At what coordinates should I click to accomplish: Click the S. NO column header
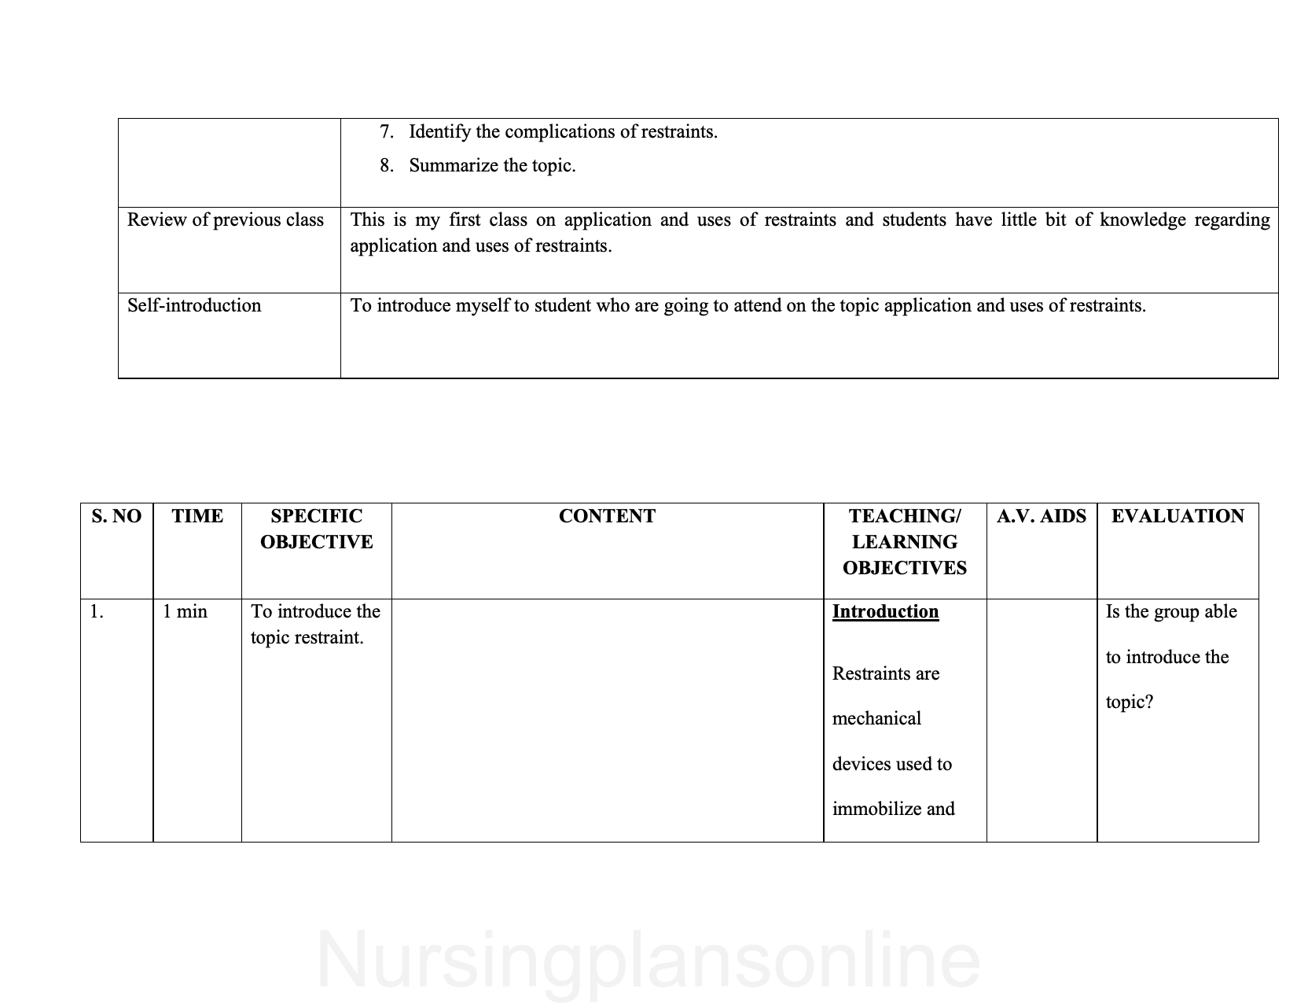(116, 516)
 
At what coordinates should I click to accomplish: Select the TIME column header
(197, 516)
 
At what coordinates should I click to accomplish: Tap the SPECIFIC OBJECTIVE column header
(316, 529)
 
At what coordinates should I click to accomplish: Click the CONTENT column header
(607, 516)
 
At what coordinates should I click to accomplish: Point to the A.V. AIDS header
(1041, 516)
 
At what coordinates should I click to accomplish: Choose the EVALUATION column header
(1178, 516)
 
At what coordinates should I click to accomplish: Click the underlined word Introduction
(885, 612)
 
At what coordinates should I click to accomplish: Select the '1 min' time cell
(185, 612)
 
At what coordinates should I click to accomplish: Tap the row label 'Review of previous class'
(226, 220)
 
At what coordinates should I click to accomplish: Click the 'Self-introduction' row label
(194, 306)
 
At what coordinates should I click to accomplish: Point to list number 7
(386, 131)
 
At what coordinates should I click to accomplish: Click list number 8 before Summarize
(386, 166)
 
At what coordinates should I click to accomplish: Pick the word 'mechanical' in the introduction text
(876, 719)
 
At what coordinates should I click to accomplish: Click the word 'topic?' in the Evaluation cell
(1130, 702)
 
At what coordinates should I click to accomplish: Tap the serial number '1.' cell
(97, 612)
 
